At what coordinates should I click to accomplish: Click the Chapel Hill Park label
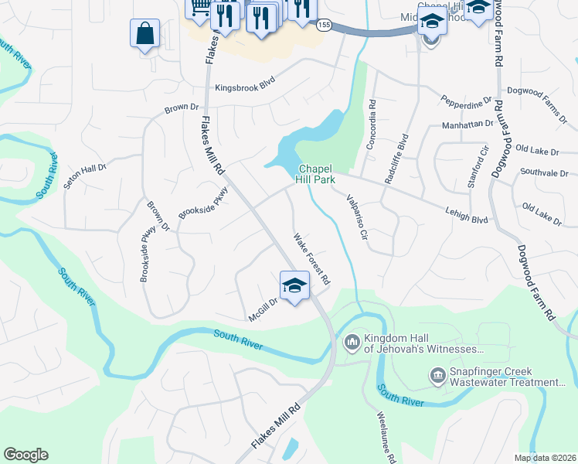coord(315,174)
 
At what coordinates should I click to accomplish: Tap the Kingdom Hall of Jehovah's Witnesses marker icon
coord(352,341)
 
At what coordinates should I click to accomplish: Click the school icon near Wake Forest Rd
coord(294,285)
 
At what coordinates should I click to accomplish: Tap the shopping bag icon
coord(144,34)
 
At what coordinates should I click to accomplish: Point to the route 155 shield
coord(323,25)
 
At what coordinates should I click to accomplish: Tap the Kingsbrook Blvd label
coord(245,87)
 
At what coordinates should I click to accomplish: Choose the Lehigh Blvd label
coord(467,214)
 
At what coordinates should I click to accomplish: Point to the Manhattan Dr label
coord(467,124)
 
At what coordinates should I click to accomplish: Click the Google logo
coord(26,455)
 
